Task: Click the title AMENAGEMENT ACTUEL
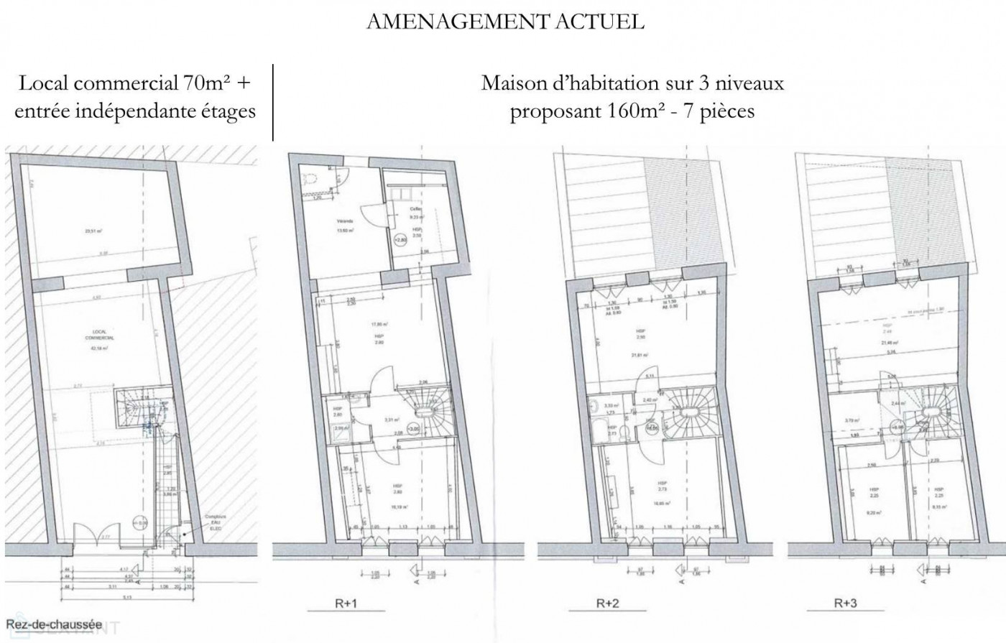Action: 505,22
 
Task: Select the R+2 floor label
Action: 607,604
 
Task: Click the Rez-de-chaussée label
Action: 54,624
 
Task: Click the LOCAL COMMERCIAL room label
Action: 95,335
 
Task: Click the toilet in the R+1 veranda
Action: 310,181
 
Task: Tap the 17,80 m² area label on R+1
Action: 379,324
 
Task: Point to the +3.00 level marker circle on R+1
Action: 412,429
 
